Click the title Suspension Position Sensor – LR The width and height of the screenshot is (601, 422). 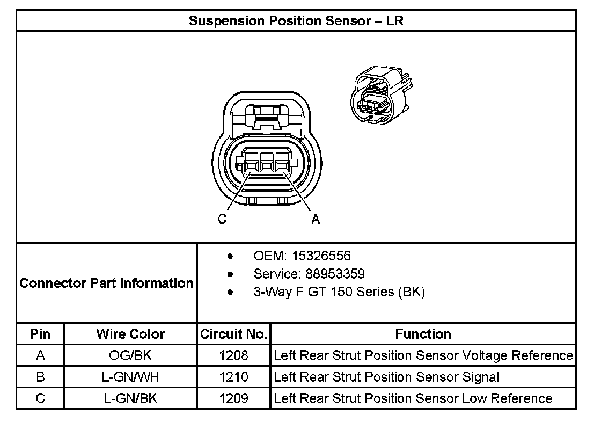(296, 21)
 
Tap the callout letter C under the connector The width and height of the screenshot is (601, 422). (222, 219)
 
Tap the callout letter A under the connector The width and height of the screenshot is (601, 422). (316, 219)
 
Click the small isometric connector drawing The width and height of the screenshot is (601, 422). (382, 94)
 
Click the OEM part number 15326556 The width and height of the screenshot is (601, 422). (321, 256)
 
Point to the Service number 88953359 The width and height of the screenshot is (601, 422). (335, 274)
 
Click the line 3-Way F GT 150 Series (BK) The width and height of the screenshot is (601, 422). (339, 292)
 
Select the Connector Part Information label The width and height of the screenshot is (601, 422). (106, 283)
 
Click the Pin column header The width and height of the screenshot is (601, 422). (40, 334)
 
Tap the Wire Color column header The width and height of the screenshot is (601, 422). (130, 334)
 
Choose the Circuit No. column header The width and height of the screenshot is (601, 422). (233, 334)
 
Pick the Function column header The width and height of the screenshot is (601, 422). (423, 334)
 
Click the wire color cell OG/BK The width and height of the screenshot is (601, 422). (130, 355)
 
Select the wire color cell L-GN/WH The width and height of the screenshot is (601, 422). (130, 377)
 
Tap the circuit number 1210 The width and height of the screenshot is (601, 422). (233, 377)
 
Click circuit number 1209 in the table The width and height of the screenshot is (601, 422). (233, 398)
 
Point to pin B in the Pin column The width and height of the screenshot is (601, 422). (40, 377)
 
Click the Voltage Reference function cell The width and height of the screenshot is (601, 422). (423, 355)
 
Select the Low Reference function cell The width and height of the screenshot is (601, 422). (413, 398)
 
